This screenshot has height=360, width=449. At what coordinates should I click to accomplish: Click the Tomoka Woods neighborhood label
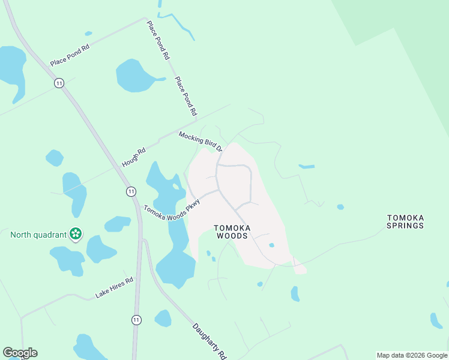point(231,232)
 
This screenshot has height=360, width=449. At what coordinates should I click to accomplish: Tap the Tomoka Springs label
point(405,221)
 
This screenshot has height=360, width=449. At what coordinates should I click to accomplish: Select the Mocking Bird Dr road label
point(200,142)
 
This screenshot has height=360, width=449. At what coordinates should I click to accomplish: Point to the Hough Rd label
point(133,157)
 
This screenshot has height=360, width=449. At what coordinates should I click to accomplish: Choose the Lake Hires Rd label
point(113,287)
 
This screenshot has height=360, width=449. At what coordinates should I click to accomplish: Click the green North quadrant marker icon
point(76,234)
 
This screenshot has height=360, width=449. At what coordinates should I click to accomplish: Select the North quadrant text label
point(37,235)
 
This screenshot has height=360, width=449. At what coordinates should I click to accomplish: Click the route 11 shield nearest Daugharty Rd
point(137,320)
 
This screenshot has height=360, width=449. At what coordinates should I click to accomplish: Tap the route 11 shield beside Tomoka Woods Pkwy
point(131,191)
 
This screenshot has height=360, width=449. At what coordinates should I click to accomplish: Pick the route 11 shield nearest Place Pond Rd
point(59,83)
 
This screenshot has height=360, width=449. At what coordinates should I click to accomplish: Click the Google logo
point(20,353)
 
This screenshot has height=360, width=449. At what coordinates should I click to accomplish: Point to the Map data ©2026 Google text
point(411,355)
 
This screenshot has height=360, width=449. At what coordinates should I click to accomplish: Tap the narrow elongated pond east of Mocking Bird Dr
point(306,166)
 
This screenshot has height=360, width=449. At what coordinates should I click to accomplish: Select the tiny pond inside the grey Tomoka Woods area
point(271,245)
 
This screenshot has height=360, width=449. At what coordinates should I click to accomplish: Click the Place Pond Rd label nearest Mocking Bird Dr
point(185,96)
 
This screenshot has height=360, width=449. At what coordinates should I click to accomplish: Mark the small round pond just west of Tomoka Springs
point(340,207)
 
